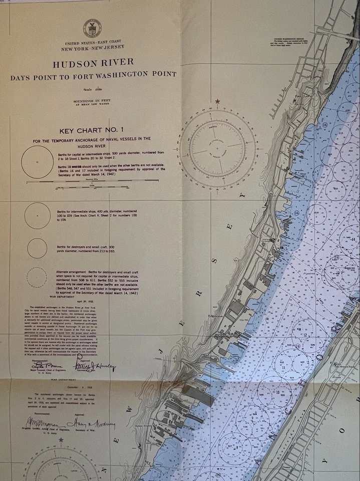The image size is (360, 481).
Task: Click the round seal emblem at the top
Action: (92, 28)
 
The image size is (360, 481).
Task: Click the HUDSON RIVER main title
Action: (93, 63)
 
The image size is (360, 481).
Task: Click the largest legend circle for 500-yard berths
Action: (37, 161)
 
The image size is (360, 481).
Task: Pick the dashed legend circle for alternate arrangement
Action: (37, 277)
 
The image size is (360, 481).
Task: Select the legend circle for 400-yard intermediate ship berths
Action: (37, 215)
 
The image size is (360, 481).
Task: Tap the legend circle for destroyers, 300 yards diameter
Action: (37, 248)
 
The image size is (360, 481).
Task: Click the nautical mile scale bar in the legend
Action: (93, 181)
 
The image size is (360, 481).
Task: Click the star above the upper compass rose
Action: (217, 102)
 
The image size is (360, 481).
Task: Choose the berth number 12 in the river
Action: (305, 335)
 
